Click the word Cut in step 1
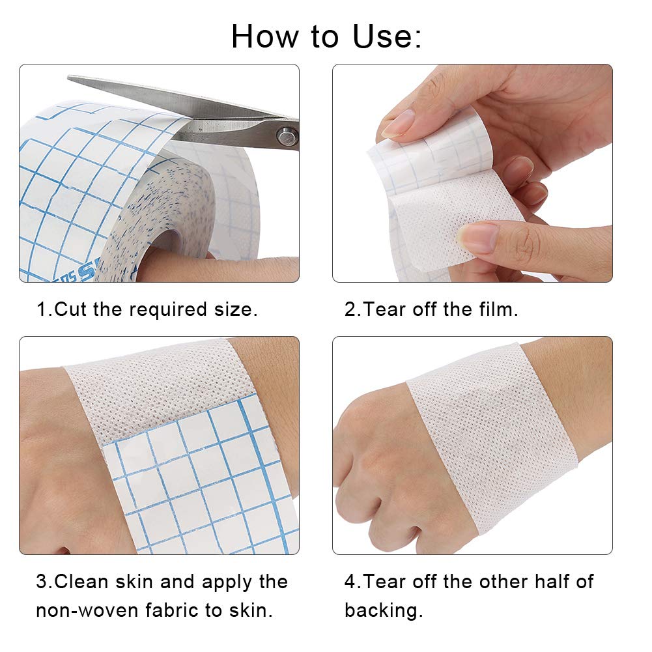click(x=70, y=309)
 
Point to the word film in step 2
click(x=497, y=309)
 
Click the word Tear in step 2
click(x=385, y=309)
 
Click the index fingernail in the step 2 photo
click(x=399, y=123)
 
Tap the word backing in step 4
click(x=383, y=610)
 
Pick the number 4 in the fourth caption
click(x=350, y=581)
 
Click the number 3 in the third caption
click(x=42, y=581)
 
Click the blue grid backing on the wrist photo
click(x=202, y=482)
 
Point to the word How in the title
click(x=263, y=36)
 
